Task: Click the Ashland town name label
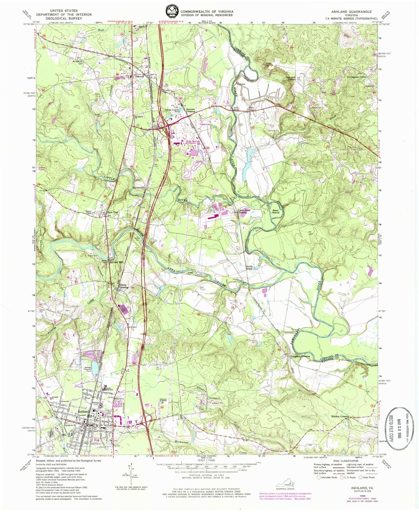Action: tap(84, 412)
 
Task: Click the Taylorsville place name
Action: tap(139, 188)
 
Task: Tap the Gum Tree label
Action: tap(114, 212)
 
